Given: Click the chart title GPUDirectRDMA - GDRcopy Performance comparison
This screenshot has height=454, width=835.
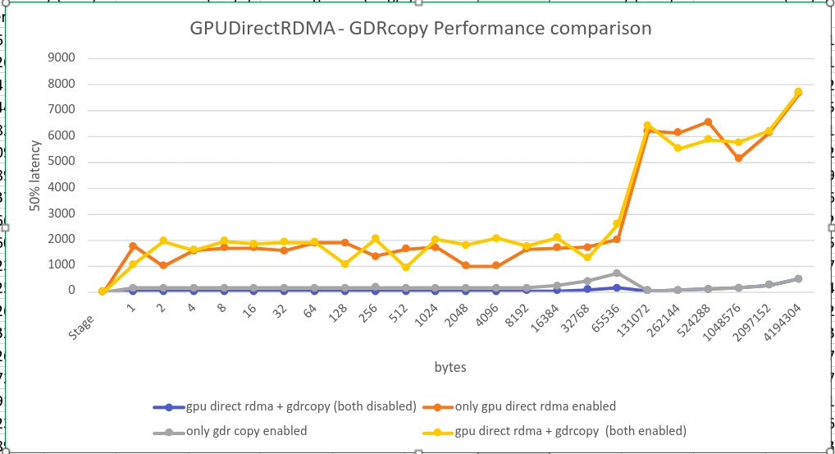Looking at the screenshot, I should pos(421,29).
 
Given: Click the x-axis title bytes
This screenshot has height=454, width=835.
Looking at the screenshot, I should pos(450,367).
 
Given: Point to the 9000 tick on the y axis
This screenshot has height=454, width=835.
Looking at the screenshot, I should pos(62,58).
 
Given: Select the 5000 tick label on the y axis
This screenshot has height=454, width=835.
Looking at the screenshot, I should pos(62,162).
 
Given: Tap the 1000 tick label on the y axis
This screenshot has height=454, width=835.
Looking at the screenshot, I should pos(62,265).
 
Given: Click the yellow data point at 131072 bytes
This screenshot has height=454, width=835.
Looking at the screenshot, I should pos(647,126).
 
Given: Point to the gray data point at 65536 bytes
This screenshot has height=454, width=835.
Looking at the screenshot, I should pos(617,273).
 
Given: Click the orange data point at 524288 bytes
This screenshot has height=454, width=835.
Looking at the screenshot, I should pos(708,122).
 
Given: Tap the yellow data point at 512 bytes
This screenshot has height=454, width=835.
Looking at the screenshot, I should pos(405,267).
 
